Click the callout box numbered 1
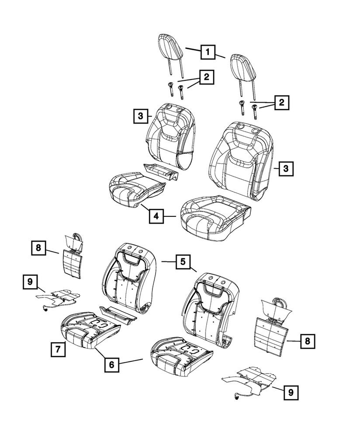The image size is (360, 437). pyautogui.click(x=208, y=53)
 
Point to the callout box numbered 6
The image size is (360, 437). pyautogui.click(x=112, y=364)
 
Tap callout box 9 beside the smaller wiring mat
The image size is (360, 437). pyautogui.click(x=30, y=282)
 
